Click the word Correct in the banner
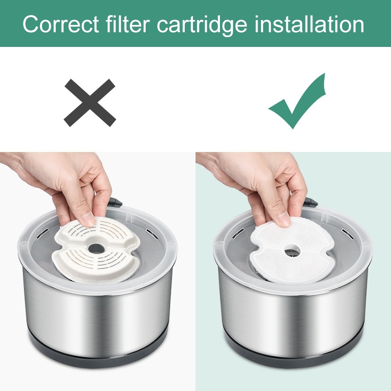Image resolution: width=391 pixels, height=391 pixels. coord(61,24)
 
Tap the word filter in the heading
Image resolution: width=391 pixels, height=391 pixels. coord(128,23)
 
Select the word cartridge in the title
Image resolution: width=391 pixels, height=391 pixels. coord(202,25)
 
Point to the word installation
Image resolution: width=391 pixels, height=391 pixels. coord(309,24)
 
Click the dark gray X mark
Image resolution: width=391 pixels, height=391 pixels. coord(90,103)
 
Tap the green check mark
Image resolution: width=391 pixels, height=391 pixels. coord(297,101)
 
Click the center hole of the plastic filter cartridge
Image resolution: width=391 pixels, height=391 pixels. coord(96,248)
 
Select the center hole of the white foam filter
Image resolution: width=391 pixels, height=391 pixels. coord(292,250)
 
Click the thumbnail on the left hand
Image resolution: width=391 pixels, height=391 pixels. coord(88,219)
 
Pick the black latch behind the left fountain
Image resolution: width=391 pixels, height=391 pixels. coord(115,202)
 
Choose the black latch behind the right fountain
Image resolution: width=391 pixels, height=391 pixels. coord(310,202)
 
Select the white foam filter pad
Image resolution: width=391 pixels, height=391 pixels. coord(292,251)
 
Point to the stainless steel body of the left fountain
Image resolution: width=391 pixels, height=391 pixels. coord(97,317)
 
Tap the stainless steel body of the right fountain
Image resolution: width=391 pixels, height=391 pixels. coord(293,317)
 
